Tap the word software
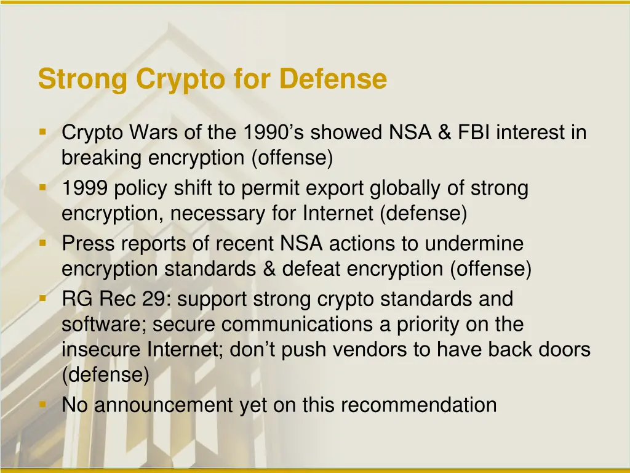pyautogui.click(x=104, y=325)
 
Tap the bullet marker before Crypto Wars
pyautogui.click(x=42, y=132)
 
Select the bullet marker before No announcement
pyautogui.click(x=42, y=404)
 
